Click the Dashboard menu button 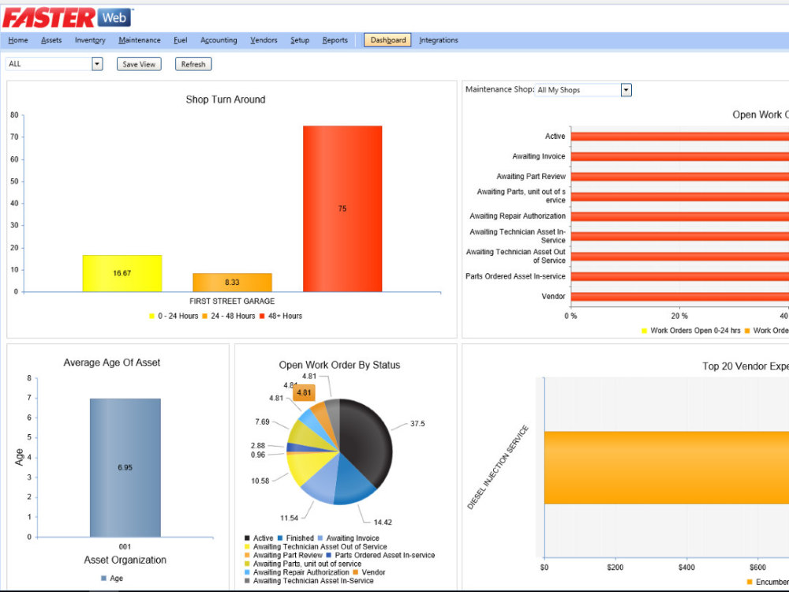point(387,40)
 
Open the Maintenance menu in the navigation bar point(140,40)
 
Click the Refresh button point(193,64)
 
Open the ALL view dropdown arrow point(97,64)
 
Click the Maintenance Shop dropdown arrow point(626,90)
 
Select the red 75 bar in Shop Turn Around point(342,208)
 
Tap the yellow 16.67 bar point(122,273)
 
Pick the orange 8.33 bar point(232,283)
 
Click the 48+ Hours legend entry point(281,317)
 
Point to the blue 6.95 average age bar point(125,467)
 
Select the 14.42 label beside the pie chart point(383,523)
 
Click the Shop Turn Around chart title point(226,99)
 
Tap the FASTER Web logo point(67,18)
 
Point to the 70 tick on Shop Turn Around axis point(14,137)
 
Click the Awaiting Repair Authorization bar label point(518,216)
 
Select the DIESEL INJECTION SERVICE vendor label point(498,467)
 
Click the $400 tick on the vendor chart point(686,568)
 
